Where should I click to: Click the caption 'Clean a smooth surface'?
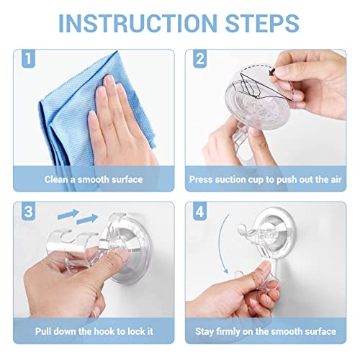coord(94,179)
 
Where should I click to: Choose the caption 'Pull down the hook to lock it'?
coord(94,331)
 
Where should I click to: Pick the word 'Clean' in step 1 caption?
coord(58,179)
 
